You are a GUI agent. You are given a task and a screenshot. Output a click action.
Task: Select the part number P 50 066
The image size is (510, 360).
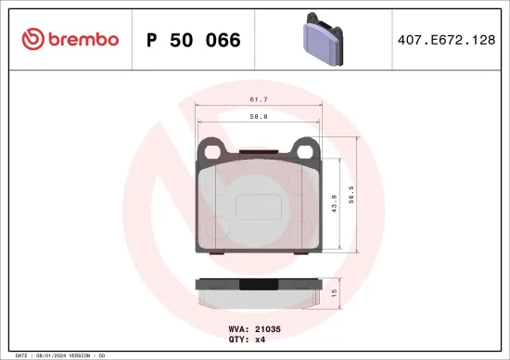193,40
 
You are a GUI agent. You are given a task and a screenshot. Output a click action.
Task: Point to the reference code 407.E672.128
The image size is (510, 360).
445,40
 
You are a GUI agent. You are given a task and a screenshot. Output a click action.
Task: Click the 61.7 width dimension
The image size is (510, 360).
259,98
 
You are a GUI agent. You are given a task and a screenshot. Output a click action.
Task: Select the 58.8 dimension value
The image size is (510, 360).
259,118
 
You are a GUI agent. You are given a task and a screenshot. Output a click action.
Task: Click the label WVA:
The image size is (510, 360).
238,328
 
